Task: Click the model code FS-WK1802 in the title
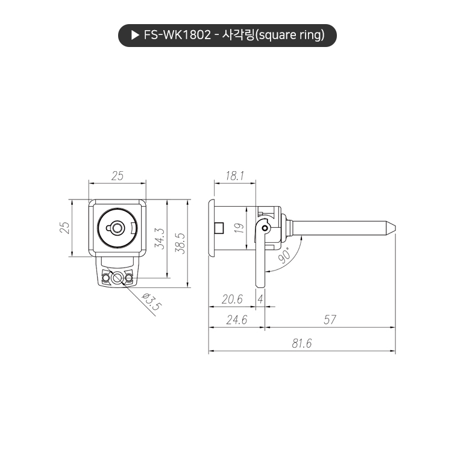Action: (x=176, y=35)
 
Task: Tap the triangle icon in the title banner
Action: (x=134, y=35)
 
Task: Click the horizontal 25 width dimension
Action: (x=118, y=175)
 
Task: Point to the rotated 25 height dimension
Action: (x=65, y=228)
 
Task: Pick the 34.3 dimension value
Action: (x=159, y=239)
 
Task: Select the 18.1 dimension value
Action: (x=234, y=175)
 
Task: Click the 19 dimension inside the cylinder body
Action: (x=239, y=228)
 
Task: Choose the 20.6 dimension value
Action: (x=232, y=299)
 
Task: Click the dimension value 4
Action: (x=260, y=299)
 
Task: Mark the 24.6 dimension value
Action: (x=236, y=320)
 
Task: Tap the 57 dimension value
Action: (x=330, y=320)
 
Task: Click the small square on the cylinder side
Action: (x=220, y=227)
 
